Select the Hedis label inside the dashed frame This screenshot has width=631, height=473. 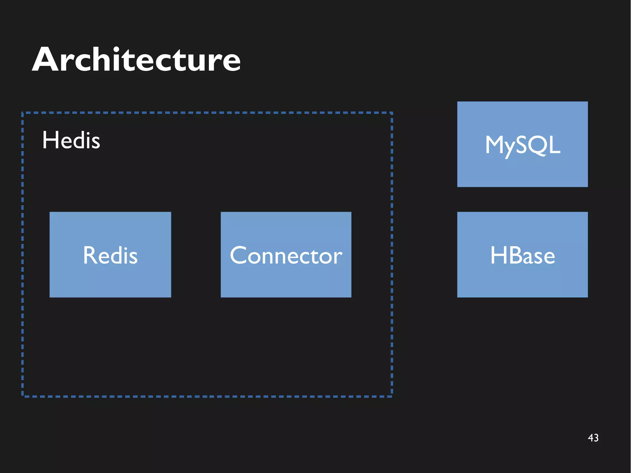(x=71, y=140)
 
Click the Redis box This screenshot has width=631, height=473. (x=110, y=255)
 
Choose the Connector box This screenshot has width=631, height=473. (x=286, y=255)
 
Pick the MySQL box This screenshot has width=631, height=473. (x=522, y=144)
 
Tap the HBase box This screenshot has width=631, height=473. (x=522, y=255)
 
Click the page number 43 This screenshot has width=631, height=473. (x=593, y=438)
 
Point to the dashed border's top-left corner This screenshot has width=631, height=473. (x=22, y=113)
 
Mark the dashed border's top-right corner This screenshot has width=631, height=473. (x=392, y=113)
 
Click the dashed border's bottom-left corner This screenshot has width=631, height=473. (x=22, y=396)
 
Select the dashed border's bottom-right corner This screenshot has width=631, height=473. (x=392, y=396)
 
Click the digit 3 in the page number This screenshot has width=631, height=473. (x=596, y=438)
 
